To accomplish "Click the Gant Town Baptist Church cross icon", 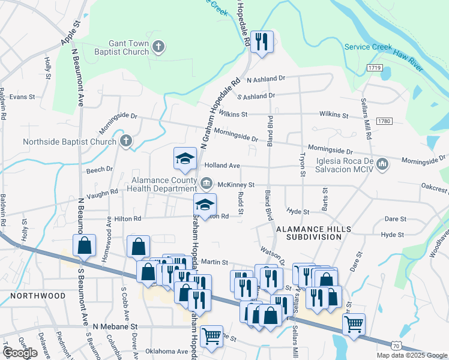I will [158, 47].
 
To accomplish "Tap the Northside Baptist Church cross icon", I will [125, 142].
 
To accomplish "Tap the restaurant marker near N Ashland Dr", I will [262, 41].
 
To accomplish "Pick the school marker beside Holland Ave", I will [185, 158].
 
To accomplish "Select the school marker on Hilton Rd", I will [205, 204].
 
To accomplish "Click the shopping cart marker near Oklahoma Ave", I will [211, 337].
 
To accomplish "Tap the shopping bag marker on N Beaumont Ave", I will [84, 245].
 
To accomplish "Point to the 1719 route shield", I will [376, 68].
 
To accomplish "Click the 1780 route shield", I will [384, 121].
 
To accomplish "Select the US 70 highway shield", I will [394, 346].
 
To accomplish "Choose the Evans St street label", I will [22, 96].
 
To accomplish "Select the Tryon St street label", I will [303, 164].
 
